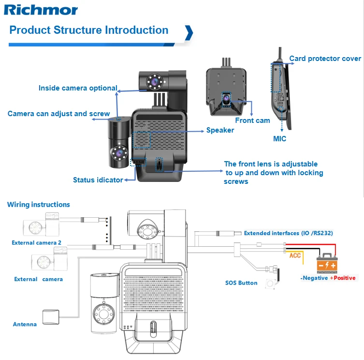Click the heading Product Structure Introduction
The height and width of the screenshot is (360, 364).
coord(89,30)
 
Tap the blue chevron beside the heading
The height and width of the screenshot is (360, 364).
coord(189,32)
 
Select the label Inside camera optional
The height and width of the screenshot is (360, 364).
coord(78,88)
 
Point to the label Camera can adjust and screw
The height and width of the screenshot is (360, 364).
coord(58,114)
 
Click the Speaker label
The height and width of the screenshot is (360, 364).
coord(220,130)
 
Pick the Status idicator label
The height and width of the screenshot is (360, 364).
coord(98,180)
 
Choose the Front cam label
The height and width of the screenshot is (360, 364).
coord(252,120)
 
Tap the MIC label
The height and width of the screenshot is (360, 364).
coord(279,139)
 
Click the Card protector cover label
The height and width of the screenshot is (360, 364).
coord(325,59)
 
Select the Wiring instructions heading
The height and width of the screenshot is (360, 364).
coord(38,205)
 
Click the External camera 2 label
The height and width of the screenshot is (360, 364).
coord(36,242)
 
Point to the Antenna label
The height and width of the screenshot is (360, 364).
coord(25,324)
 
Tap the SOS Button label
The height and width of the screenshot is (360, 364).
coord(241,283)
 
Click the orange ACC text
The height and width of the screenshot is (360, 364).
coord(295,255)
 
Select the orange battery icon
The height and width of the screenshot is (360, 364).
coord(326,264)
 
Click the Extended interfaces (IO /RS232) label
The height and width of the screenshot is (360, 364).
coord(288,233)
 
